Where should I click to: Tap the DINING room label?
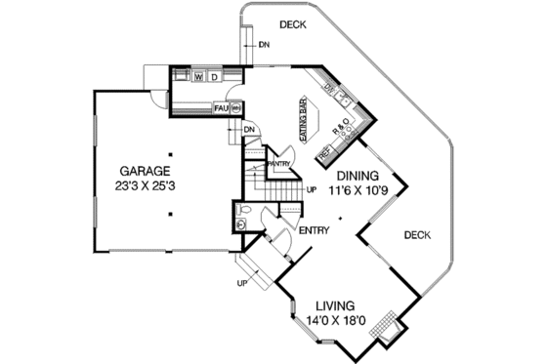(x=358, y=177)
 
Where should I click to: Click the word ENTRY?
(x=316, y=231)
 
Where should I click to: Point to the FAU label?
(x=220, y=107)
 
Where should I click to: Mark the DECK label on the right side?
(x=416, y=234)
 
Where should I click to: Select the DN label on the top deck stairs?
(x=264, y=45)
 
